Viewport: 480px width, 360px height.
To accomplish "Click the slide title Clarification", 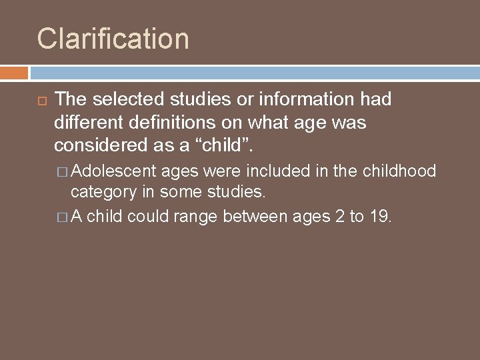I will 113,39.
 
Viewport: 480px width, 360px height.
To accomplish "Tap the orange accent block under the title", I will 14,72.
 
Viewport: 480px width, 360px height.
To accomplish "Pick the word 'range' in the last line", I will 199,216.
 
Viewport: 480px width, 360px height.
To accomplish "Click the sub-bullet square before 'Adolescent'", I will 64,172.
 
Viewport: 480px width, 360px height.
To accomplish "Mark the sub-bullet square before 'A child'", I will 64,216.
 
